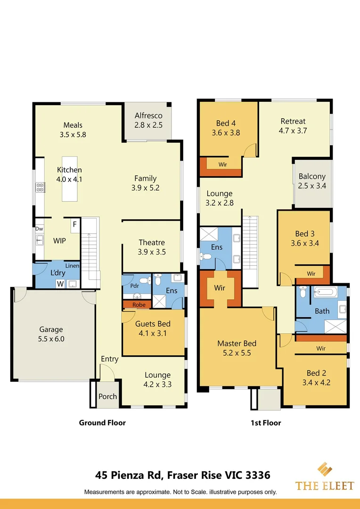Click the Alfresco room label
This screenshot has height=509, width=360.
point(148,115)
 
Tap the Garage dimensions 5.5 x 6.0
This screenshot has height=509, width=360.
point(51,339)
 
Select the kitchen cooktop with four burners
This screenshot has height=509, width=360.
point(40,187)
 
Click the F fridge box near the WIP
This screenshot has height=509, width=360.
point(75,225)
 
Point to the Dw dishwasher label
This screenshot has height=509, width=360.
point(39,229)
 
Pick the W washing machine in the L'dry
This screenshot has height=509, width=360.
point(60,284)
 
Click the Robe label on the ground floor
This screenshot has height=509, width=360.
point(139,305)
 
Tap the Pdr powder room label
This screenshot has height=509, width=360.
point(135,286)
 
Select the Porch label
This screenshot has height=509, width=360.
point(108,396)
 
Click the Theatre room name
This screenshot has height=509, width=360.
point(152,243)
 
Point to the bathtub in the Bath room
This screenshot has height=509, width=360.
point(326,292)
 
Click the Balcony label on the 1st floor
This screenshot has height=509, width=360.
point(312,177)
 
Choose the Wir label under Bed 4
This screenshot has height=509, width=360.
point(223,164)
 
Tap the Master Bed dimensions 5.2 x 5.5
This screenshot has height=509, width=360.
point(237,353)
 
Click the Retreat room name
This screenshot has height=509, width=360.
point(293,122)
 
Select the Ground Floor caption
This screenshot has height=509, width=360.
point(102,423)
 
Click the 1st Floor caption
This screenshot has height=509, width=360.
point(266,423)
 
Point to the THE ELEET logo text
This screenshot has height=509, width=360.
point(324,486)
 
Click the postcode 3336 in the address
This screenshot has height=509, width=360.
point(258,475)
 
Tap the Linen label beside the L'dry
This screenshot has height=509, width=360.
point(73,265)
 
